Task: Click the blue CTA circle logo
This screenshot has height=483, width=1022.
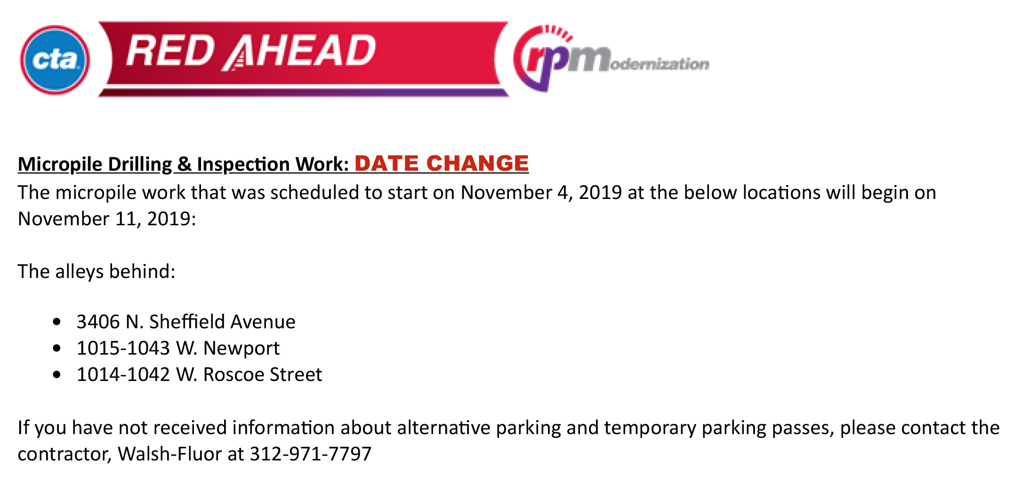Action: coord(55,60)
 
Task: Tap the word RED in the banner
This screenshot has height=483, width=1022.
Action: coord(170,51)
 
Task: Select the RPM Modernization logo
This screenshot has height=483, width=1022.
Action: coord(611,58)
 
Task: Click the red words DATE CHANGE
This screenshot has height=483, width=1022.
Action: coord(442,163)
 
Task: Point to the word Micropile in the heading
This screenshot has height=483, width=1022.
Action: coord(60,165)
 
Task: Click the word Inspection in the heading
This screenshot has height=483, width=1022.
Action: coord(243,165)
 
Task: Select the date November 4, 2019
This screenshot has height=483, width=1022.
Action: coord(541,192)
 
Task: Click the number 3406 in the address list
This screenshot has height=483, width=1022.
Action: coord(98,322)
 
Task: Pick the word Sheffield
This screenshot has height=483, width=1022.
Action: coord(187,322)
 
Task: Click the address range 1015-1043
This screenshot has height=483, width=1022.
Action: coord(123,348)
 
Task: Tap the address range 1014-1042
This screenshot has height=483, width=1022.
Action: coord(123,374)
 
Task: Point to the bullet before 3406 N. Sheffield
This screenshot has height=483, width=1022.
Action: coord(57,322)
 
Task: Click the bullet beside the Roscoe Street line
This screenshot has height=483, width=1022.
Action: coord(57,375)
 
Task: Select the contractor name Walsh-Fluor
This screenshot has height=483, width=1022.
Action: coord(170,454)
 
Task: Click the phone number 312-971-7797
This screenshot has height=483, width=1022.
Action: coord(311,454)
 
